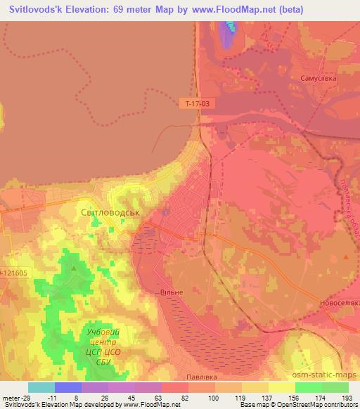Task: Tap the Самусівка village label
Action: coord(318,79)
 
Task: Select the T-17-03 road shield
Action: coord(198,103)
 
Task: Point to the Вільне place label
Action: coord(172,292)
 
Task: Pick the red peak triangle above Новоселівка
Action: coord(345,258)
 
